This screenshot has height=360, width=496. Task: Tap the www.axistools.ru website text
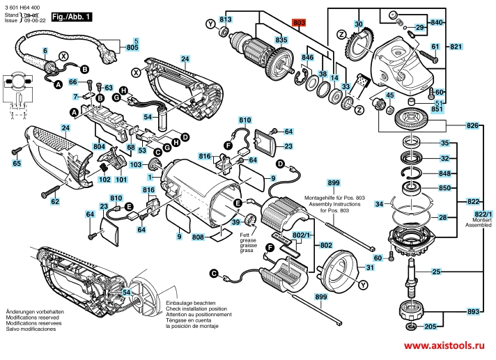(x=443, y=345)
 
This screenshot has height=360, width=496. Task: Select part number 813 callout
(x=226, y=19)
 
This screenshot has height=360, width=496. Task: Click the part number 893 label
(x=472, y=312)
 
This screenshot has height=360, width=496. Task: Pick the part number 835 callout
(x=281, y=41)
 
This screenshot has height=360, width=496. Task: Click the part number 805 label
(x=132, y=47)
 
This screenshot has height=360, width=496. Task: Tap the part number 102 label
(x=104, y=179)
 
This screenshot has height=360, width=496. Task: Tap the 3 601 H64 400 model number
(x=24, y=6)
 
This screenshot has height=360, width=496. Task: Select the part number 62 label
(x=55, y=201)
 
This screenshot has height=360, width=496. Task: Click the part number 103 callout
(x=136, y=164)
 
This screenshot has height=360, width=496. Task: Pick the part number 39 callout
(x=236, y=222)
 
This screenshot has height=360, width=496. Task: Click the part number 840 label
(x=437, y=23)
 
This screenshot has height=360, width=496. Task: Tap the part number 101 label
(x=121, y=179)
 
